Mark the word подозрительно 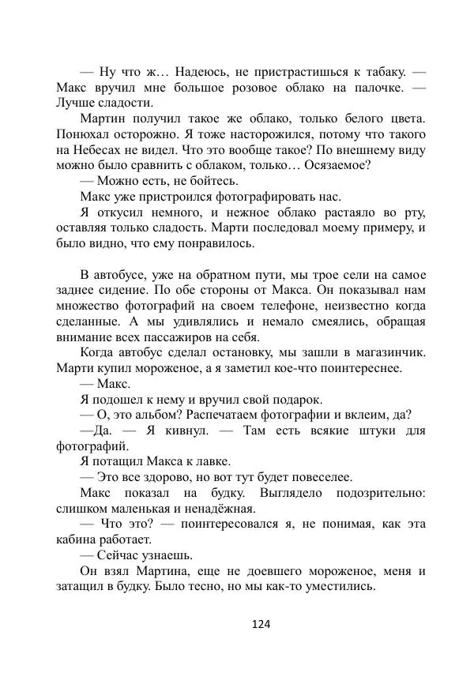(x=373, y=492)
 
